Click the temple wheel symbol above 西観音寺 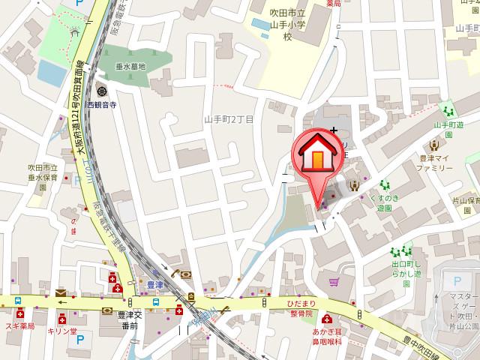(100, 92)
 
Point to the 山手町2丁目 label (229, 119)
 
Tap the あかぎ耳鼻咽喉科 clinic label (327, 334)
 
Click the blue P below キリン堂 (79, 339)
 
